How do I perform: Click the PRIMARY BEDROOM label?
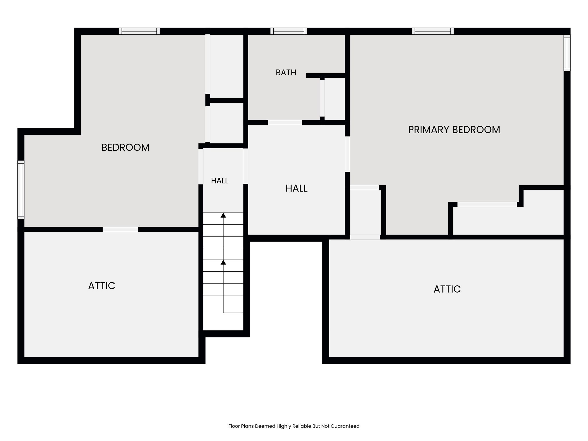click(x=454, y=130)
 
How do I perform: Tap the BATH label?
click(x=286, y=73)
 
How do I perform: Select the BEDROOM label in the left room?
click(x=125, y=148)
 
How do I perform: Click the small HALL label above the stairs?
click(x=220, y=181)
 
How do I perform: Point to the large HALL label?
click(x=297, y=188)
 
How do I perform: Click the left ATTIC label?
click(x=102, y=286)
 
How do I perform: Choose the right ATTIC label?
click(x=447, y=289)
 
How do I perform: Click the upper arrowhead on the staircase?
click(x=223, y=215)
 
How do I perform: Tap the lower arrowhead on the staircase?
click(x=223, y=262)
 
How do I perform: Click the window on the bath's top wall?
click(x=289, y=31)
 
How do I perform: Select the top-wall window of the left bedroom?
click(x=139, y=31)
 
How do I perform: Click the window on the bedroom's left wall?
click(x=21, y=190)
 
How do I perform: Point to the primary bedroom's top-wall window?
click(x=433, y=31)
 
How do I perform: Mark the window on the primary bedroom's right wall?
click(x=567, y=53)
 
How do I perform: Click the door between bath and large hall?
click(x=285, y=122)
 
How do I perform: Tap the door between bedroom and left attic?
click(x=120, y=229)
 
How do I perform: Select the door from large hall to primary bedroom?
click(x=347, y=154)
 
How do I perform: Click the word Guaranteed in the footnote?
click(x=345, y=426)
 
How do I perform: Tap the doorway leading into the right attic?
click(x=365, y=237)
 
